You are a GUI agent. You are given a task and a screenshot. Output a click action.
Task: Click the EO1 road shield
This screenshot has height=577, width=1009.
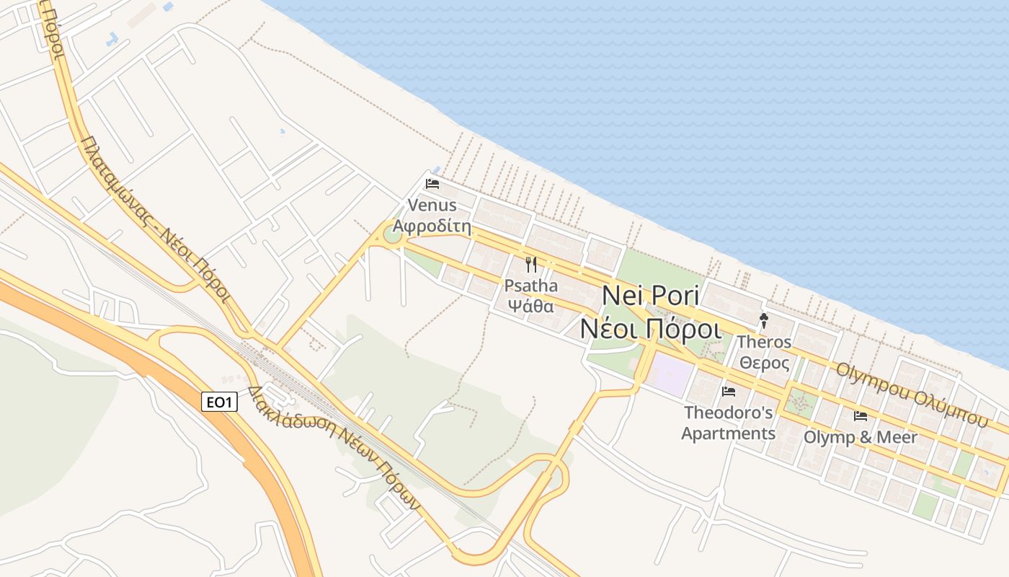point(219,402)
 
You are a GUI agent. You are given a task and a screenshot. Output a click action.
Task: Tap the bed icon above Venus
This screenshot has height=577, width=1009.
point(432,183)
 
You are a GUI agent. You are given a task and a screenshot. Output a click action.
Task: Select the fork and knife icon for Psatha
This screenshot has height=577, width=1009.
point(531,265)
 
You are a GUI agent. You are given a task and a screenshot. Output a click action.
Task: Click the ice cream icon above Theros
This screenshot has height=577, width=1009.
point(764,321)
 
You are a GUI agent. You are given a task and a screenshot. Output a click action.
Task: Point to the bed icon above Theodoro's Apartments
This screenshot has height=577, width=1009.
point(729,392)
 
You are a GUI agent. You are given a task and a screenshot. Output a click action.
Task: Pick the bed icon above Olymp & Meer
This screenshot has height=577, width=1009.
point(860,416)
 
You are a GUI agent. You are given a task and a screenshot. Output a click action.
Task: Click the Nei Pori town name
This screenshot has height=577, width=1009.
point(651,296)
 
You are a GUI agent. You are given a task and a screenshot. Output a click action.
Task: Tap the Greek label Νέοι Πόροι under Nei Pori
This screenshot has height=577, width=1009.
point(651,328)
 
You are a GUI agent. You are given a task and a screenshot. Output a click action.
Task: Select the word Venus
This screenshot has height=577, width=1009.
point(432,205)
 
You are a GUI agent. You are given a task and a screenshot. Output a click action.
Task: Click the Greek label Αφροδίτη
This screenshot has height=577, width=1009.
point(432,227)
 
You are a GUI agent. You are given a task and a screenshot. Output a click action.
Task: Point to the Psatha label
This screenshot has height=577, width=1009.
point(531,286)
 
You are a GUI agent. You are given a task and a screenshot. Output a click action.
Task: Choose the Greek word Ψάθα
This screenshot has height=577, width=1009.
point(531,305)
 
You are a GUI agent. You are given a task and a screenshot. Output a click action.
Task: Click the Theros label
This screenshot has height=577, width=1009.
point(765,342)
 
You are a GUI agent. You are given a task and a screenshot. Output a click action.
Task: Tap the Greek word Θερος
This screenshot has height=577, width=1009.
point(765,363)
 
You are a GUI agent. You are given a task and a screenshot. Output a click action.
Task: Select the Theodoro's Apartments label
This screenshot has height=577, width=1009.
point(729,423)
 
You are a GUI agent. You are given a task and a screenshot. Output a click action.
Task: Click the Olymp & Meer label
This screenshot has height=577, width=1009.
point(861,437)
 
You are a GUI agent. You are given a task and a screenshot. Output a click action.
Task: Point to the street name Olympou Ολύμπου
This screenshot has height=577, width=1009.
point(912,395)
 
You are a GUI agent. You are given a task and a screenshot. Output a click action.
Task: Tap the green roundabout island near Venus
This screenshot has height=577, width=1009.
point(392,234)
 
